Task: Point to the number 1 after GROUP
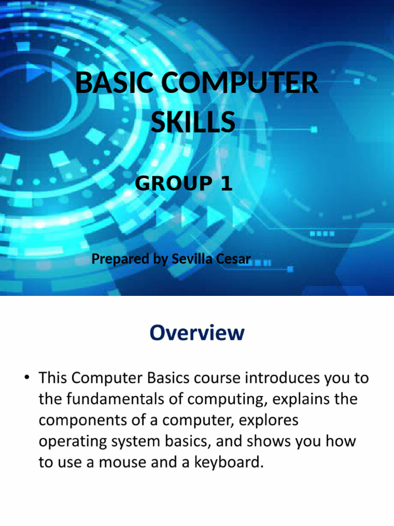click(226, 183)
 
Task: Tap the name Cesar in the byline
click(233, 259)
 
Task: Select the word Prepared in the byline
click(121, 259)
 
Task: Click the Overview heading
click(197, 333)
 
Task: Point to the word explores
click(264, 420)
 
